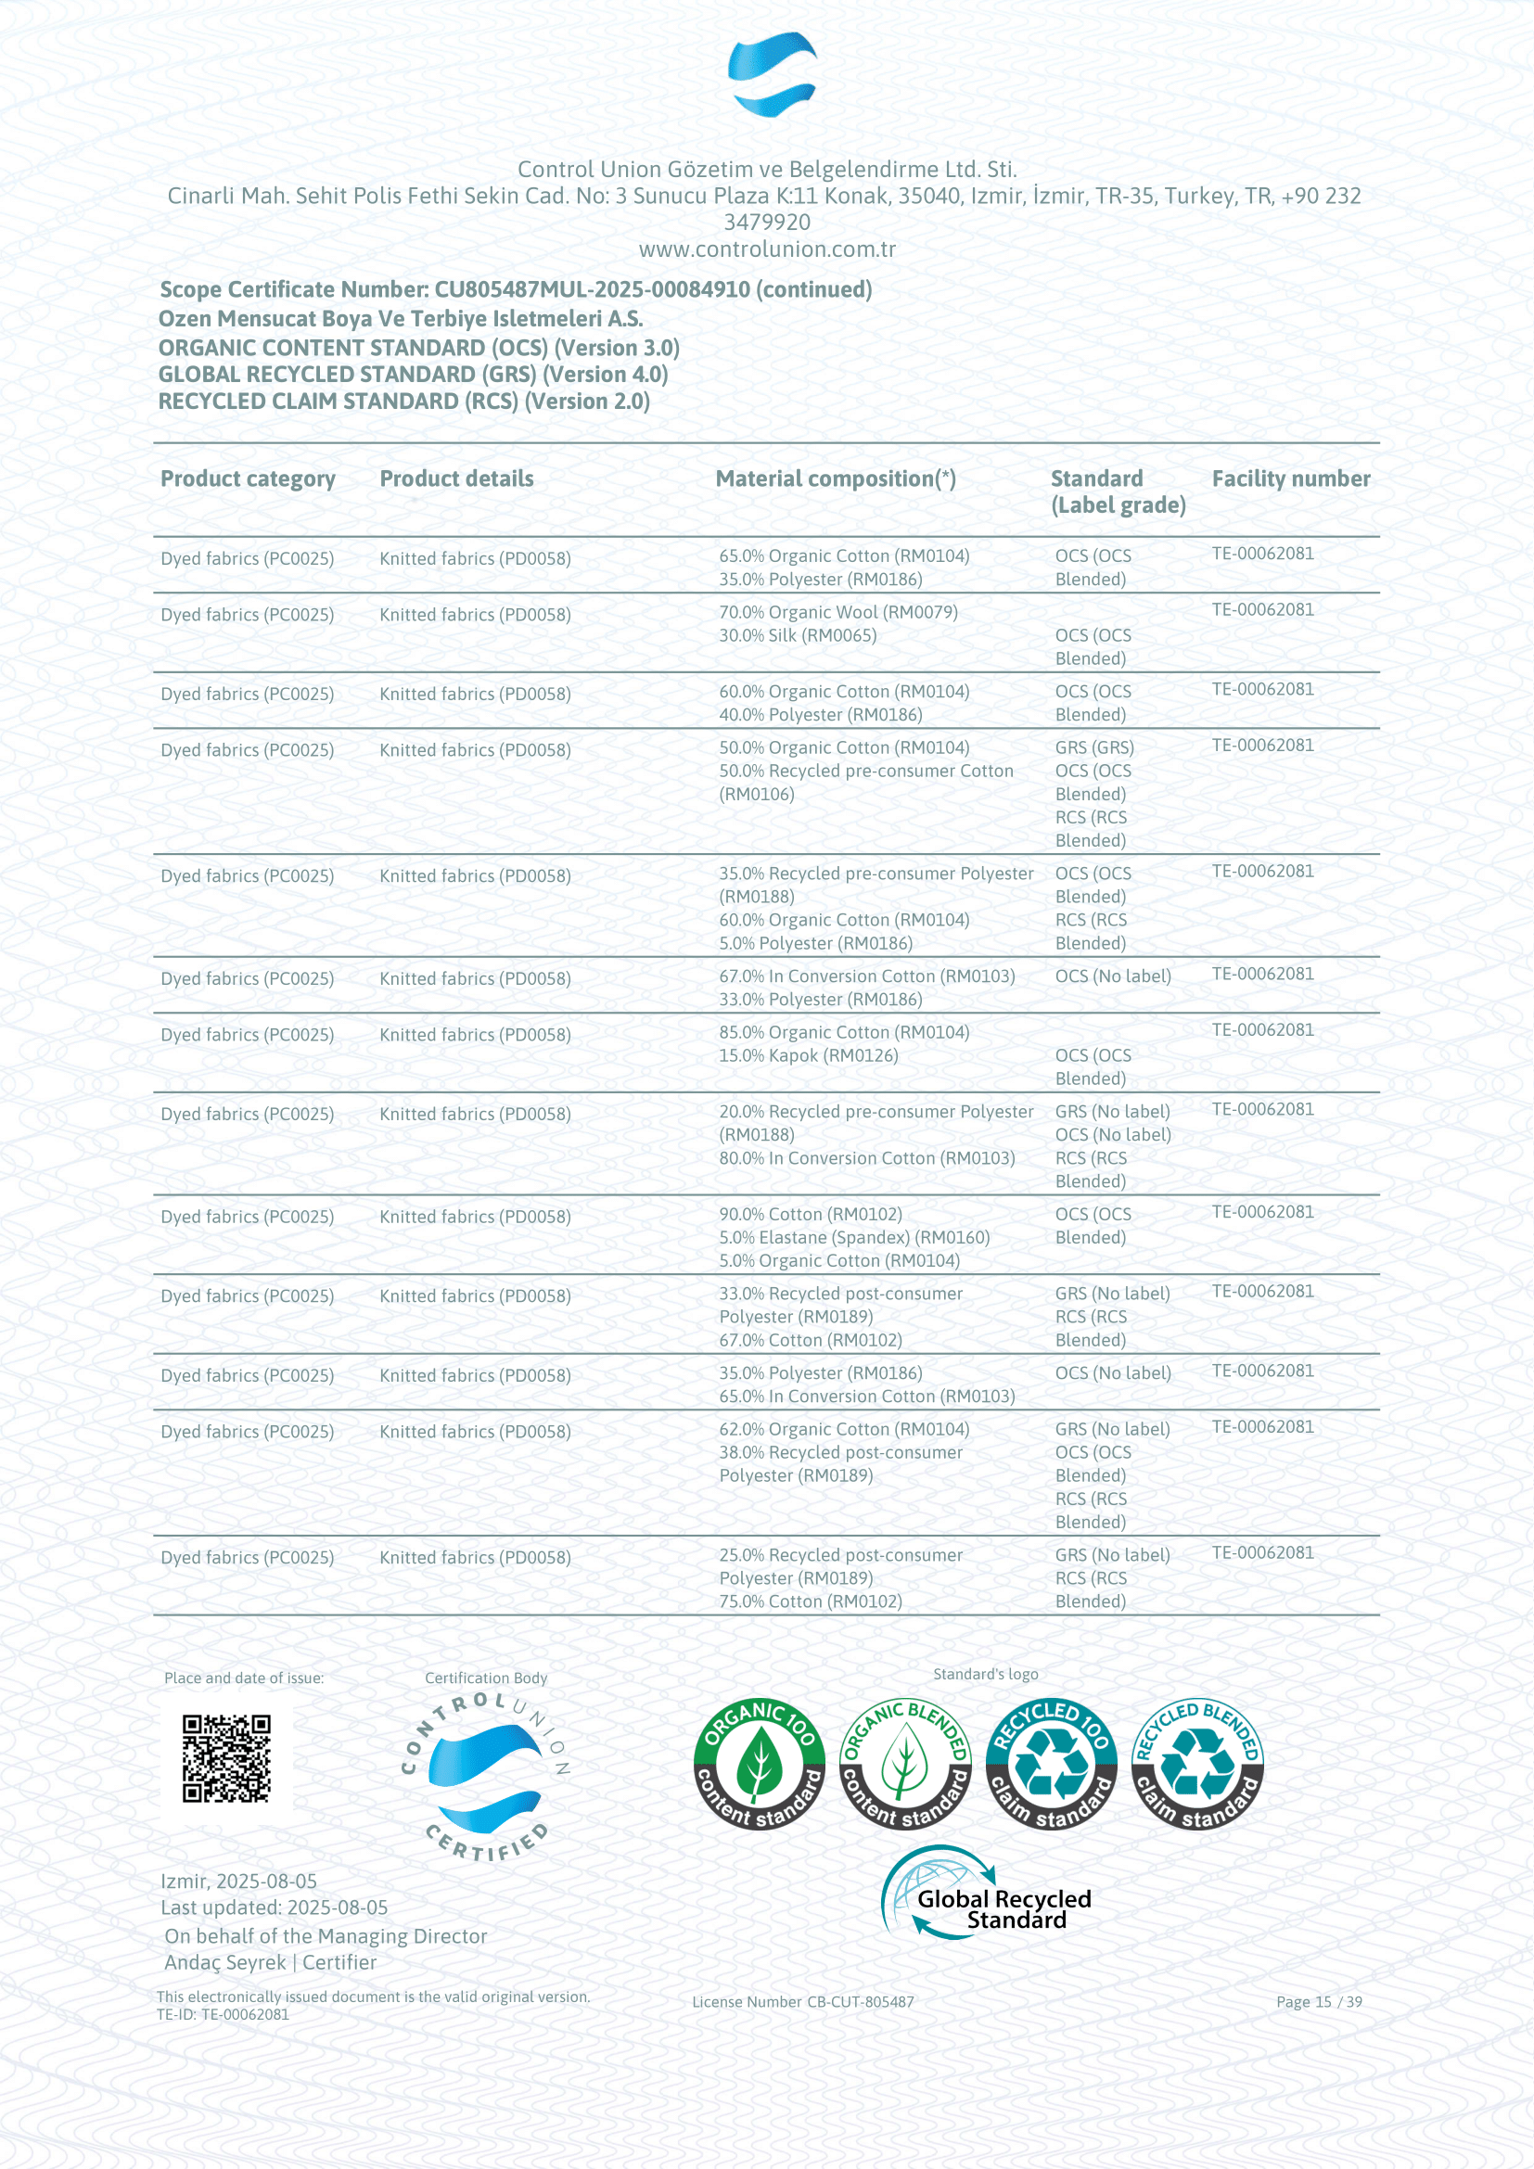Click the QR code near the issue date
[225, 1758]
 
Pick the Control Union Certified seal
[485, 1777]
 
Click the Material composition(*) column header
[835, 478]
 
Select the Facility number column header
[1290, 478]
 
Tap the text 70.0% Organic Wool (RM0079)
[837, 612]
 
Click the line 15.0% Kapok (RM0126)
[808, 1055]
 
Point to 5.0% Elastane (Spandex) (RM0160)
[854, 1238]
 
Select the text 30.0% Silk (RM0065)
[798, 636]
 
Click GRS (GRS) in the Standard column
[1093, 747]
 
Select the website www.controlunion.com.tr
[767, 249]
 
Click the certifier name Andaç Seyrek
[224, 1962]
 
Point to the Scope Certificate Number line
[515, 290]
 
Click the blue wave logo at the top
[772, 73]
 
